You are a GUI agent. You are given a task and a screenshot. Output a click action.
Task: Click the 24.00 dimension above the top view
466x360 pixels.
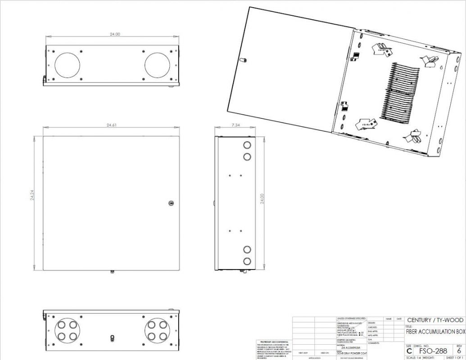[x=115, y=34]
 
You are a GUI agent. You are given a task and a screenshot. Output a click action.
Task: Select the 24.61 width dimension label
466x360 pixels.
[x=112, y=125]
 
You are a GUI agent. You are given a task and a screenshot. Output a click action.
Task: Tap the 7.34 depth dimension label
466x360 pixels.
[x=235, y=125]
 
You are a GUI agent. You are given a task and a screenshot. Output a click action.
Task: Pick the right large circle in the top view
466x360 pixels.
[x=157, y=64]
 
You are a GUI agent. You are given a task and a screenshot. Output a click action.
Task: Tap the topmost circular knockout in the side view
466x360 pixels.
[x=247, y=145]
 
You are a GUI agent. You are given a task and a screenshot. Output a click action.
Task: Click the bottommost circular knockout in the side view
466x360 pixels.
[x=247, y=261]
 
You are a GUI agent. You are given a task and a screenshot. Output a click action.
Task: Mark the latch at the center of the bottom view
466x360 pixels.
[x=112, y=337]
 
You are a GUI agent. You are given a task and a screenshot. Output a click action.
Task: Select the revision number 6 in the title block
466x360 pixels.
[x=458, y=351]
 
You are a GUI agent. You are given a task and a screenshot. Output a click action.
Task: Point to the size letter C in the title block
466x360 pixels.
[x=409, y=351]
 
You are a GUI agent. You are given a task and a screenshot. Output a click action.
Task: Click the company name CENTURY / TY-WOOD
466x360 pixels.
[x=434, y=320]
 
